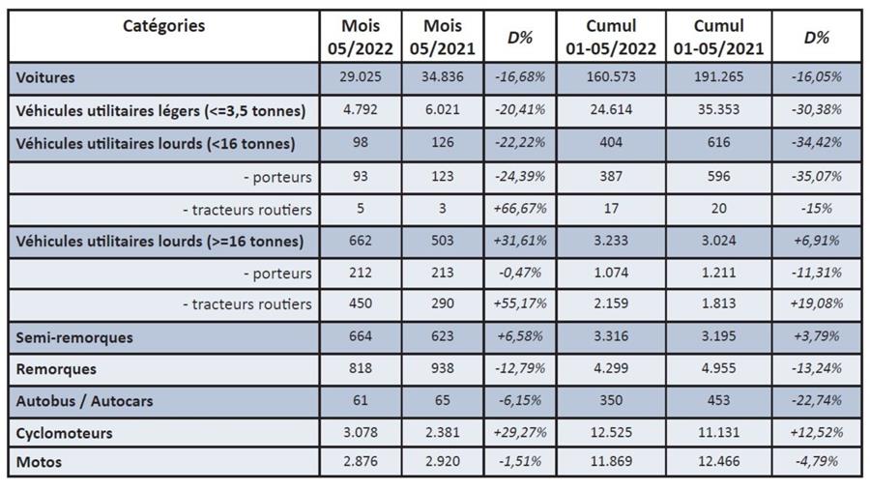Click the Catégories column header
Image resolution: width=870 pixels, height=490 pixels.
(x=163, y=26)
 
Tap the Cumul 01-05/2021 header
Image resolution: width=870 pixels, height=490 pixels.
(x=718, y=37)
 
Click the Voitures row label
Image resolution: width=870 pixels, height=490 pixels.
(x=45, y=77)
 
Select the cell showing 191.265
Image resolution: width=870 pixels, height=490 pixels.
(x=718, y=77)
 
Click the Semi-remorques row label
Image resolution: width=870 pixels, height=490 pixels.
(x=74, y=337)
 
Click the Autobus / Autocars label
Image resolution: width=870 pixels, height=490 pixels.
(x=84, y=400)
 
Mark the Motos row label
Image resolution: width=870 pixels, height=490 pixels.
(x=39, y=462)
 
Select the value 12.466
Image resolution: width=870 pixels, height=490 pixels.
(x=718, y=462)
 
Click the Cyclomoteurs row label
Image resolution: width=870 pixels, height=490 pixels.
(x=64, y=433)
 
